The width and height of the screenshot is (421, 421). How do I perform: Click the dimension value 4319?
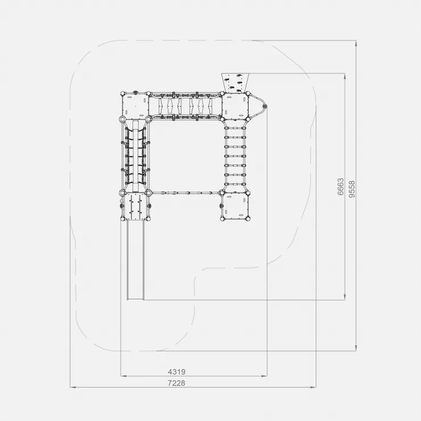176,372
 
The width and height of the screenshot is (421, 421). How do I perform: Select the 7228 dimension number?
176,383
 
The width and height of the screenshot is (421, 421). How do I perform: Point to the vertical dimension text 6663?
340,187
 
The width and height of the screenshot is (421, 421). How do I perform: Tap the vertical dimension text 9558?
352,189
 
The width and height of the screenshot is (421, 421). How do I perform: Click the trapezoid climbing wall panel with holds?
235,82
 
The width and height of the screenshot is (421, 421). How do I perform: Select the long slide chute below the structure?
135,259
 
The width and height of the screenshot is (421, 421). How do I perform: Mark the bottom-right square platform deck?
235,206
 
